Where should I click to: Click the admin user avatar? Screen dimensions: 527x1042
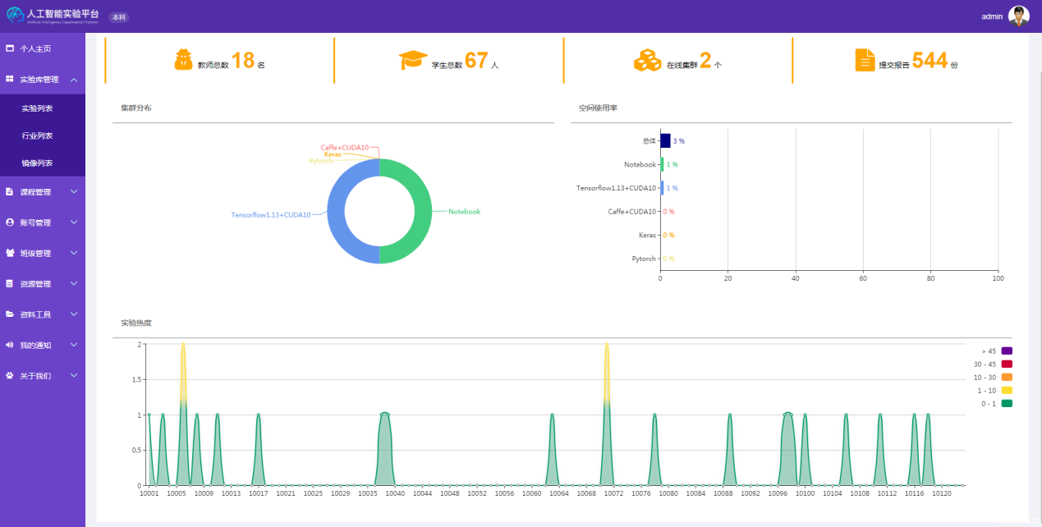click(x=1019, y=16)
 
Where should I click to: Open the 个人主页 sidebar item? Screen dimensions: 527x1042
click(x=35, y=48)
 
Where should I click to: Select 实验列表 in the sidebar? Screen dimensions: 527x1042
click(x=37, y=108)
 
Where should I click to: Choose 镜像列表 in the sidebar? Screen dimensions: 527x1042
click(x=37, y=163)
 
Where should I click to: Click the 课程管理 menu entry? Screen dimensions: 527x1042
click(x=35, y=192)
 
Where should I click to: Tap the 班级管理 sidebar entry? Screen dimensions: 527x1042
click(x=35, y=254)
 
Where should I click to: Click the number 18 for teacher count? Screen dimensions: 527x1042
click(x=243, y=61)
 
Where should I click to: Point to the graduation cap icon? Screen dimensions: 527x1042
click(x=413, y=60)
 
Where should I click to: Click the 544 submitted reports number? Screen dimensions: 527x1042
click(x=930, y=61)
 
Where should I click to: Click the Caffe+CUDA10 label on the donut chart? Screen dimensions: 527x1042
click(x=344, y=148)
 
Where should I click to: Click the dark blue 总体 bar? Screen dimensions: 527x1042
click(x=665, y=141)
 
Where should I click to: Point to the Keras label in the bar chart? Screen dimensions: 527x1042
click(x=647, y=236)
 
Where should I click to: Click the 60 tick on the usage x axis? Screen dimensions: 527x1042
click(x=863, y=279)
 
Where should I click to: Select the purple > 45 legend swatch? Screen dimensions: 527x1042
click(x=1007, y=351)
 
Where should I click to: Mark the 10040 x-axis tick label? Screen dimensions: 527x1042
click(x=395, y=493)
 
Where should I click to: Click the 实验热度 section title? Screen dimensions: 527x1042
click(x=135, y=323)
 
